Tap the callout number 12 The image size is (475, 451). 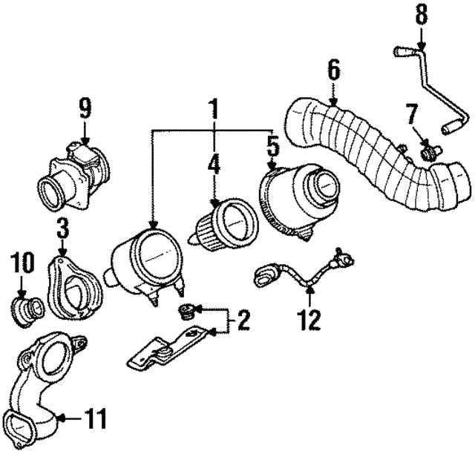pyautogui.click(x=309, y=320)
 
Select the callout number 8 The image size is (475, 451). pyautogui.click(x=421, y=15)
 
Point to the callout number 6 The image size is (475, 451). pyautogui.click(x=333, y=71)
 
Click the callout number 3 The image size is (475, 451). pyautogui.click(x=62, y=227)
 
